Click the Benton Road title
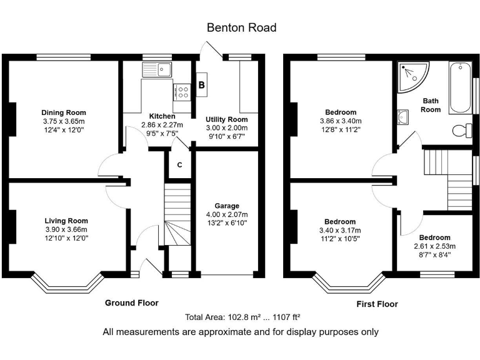point(241,28)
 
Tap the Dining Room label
point(63,112)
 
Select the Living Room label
point(66,221)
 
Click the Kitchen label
point(162,116)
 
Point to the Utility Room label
point(226,119)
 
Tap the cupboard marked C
point(179,165)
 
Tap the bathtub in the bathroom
point(461,87)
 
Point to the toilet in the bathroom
point(461,130)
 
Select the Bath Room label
point(431,104)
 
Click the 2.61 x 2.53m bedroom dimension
point(434,246)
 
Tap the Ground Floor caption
point(131,302)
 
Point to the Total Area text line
point(240,317)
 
